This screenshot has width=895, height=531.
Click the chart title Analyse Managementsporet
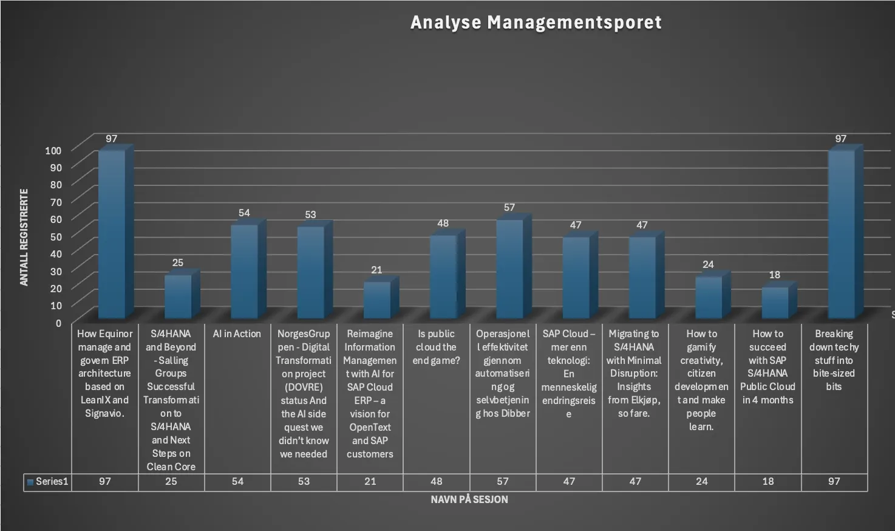(x=536, y=22)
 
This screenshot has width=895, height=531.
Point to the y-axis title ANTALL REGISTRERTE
(x=24, y=238)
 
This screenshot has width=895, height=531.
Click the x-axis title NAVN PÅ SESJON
(x=469, y=499)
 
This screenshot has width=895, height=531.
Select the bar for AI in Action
(x=244, y=271)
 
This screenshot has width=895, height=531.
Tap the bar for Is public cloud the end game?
(x=443, y=276)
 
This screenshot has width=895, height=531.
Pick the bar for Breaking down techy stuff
(x=841, y=234)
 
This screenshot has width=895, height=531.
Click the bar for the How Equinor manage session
(x=112, y=234)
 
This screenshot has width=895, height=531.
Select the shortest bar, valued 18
(x=775, y=302)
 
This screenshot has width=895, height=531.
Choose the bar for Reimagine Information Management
(x=376, y=300)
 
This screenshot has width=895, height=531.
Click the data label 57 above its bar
(x=509, y=208)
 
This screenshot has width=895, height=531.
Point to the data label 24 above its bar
(x=708, y=264)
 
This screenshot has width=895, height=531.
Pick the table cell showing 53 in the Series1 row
(x=304, y=482)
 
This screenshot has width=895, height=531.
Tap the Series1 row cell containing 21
(x=370, y=482)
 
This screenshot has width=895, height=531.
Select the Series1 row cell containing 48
(x=436, y=482)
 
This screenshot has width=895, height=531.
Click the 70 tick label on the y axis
(x=55, y=202)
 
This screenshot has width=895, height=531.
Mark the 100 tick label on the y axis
(x=53, y=151)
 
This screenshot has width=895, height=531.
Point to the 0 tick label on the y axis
(x=58, y=323)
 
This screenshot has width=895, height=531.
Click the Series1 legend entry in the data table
(x=47, y=482)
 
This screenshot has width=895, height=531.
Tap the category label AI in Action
(x=237, y=334)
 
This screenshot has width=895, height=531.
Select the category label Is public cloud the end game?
(x=436, y=347)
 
